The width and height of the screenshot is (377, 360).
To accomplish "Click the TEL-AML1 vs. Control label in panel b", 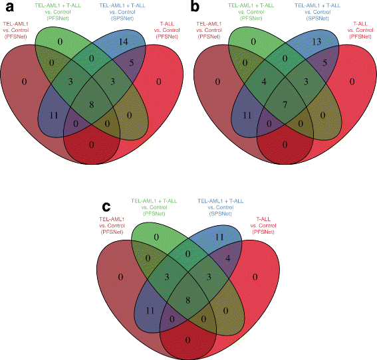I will [x=213, y=32].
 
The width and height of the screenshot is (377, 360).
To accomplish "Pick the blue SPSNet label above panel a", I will [x=123, y=16].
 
